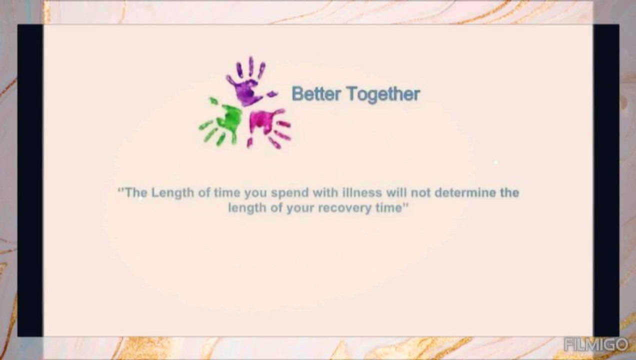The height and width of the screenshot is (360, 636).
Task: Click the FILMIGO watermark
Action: point(596,344)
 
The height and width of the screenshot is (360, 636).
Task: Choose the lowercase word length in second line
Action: point(247,208)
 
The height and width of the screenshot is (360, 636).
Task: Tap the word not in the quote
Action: point(421,192)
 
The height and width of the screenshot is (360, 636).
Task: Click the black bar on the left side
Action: point(30,180)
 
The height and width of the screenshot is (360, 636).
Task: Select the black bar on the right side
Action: point(606,180)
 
